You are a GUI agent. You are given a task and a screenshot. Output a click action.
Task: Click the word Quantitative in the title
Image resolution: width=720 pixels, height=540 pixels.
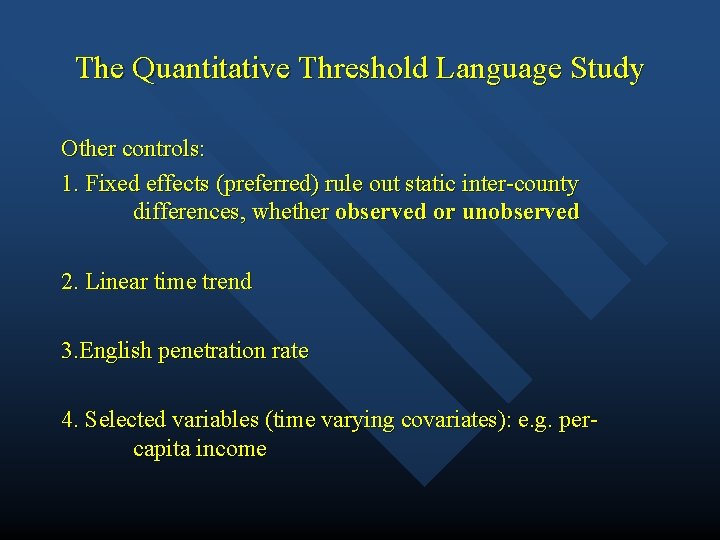click(210, 69)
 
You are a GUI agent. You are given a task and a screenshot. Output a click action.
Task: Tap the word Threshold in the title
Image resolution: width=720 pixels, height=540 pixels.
click(361, 69)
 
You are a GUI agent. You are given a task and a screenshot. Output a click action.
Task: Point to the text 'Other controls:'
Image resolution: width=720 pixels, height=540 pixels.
click(133, 149)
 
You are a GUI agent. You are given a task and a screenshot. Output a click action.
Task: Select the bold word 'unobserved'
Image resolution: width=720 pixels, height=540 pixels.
click(520, 212)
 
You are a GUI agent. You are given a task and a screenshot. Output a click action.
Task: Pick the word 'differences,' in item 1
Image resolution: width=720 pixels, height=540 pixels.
click(189, 212)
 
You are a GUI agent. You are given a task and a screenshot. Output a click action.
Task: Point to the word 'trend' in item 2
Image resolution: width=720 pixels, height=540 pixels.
click(227, 282)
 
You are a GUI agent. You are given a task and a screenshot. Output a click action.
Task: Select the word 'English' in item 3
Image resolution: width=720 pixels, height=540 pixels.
click(115, 351)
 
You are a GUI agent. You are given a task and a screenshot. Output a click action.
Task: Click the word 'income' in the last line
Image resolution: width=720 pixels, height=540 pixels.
click(233, 449)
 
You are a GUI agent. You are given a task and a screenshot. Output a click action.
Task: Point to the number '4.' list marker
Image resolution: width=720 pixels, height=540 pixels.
click(70, 420)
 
